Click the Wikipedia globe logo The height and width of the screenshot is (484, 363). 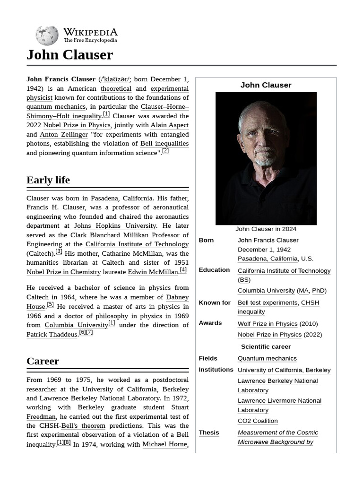[47, 35]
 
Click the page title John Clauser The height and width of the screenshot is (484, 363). [70, 55]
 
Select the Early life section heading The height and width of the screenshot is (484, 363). [48, 180]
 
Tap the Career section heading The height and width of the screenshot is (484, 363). [43, 361]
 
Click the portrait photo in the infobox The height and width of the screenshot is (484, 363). [266, 158]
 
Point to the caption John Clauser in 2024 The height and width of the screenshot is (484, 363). [266, 229]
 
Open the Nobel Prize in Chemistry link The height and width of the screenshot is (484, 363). [64, 272]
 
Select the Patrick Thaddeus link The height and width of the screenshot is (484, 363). [52, 335]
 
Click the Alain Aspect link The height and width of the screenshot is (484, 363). [169, 125]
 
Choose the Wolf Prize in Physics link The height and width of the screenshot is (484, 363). [268, 324]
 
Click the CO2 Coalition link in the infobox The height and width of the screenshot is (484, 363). [258, 421]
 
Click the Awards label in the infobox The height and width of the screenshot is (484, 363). [210, 323]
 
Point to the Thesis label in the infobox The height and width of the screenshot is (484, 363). [209, 432]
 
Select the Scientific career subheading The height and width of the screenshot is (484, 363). [266, 346]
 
